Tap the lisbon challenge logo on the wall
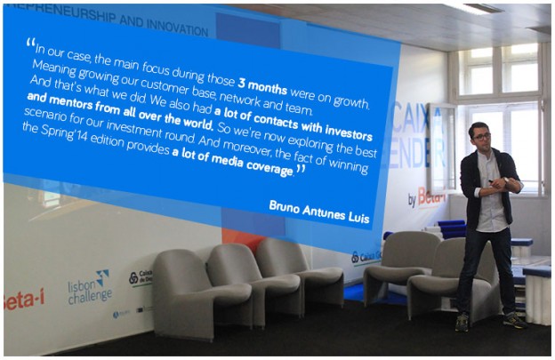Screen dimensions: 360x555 click(x=90, y=287)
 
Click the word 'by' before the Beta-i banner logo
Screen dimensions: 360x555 click(x=412, y=201)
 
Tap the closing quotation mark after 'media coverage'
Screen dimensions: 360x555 click(x=300, y=168)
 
